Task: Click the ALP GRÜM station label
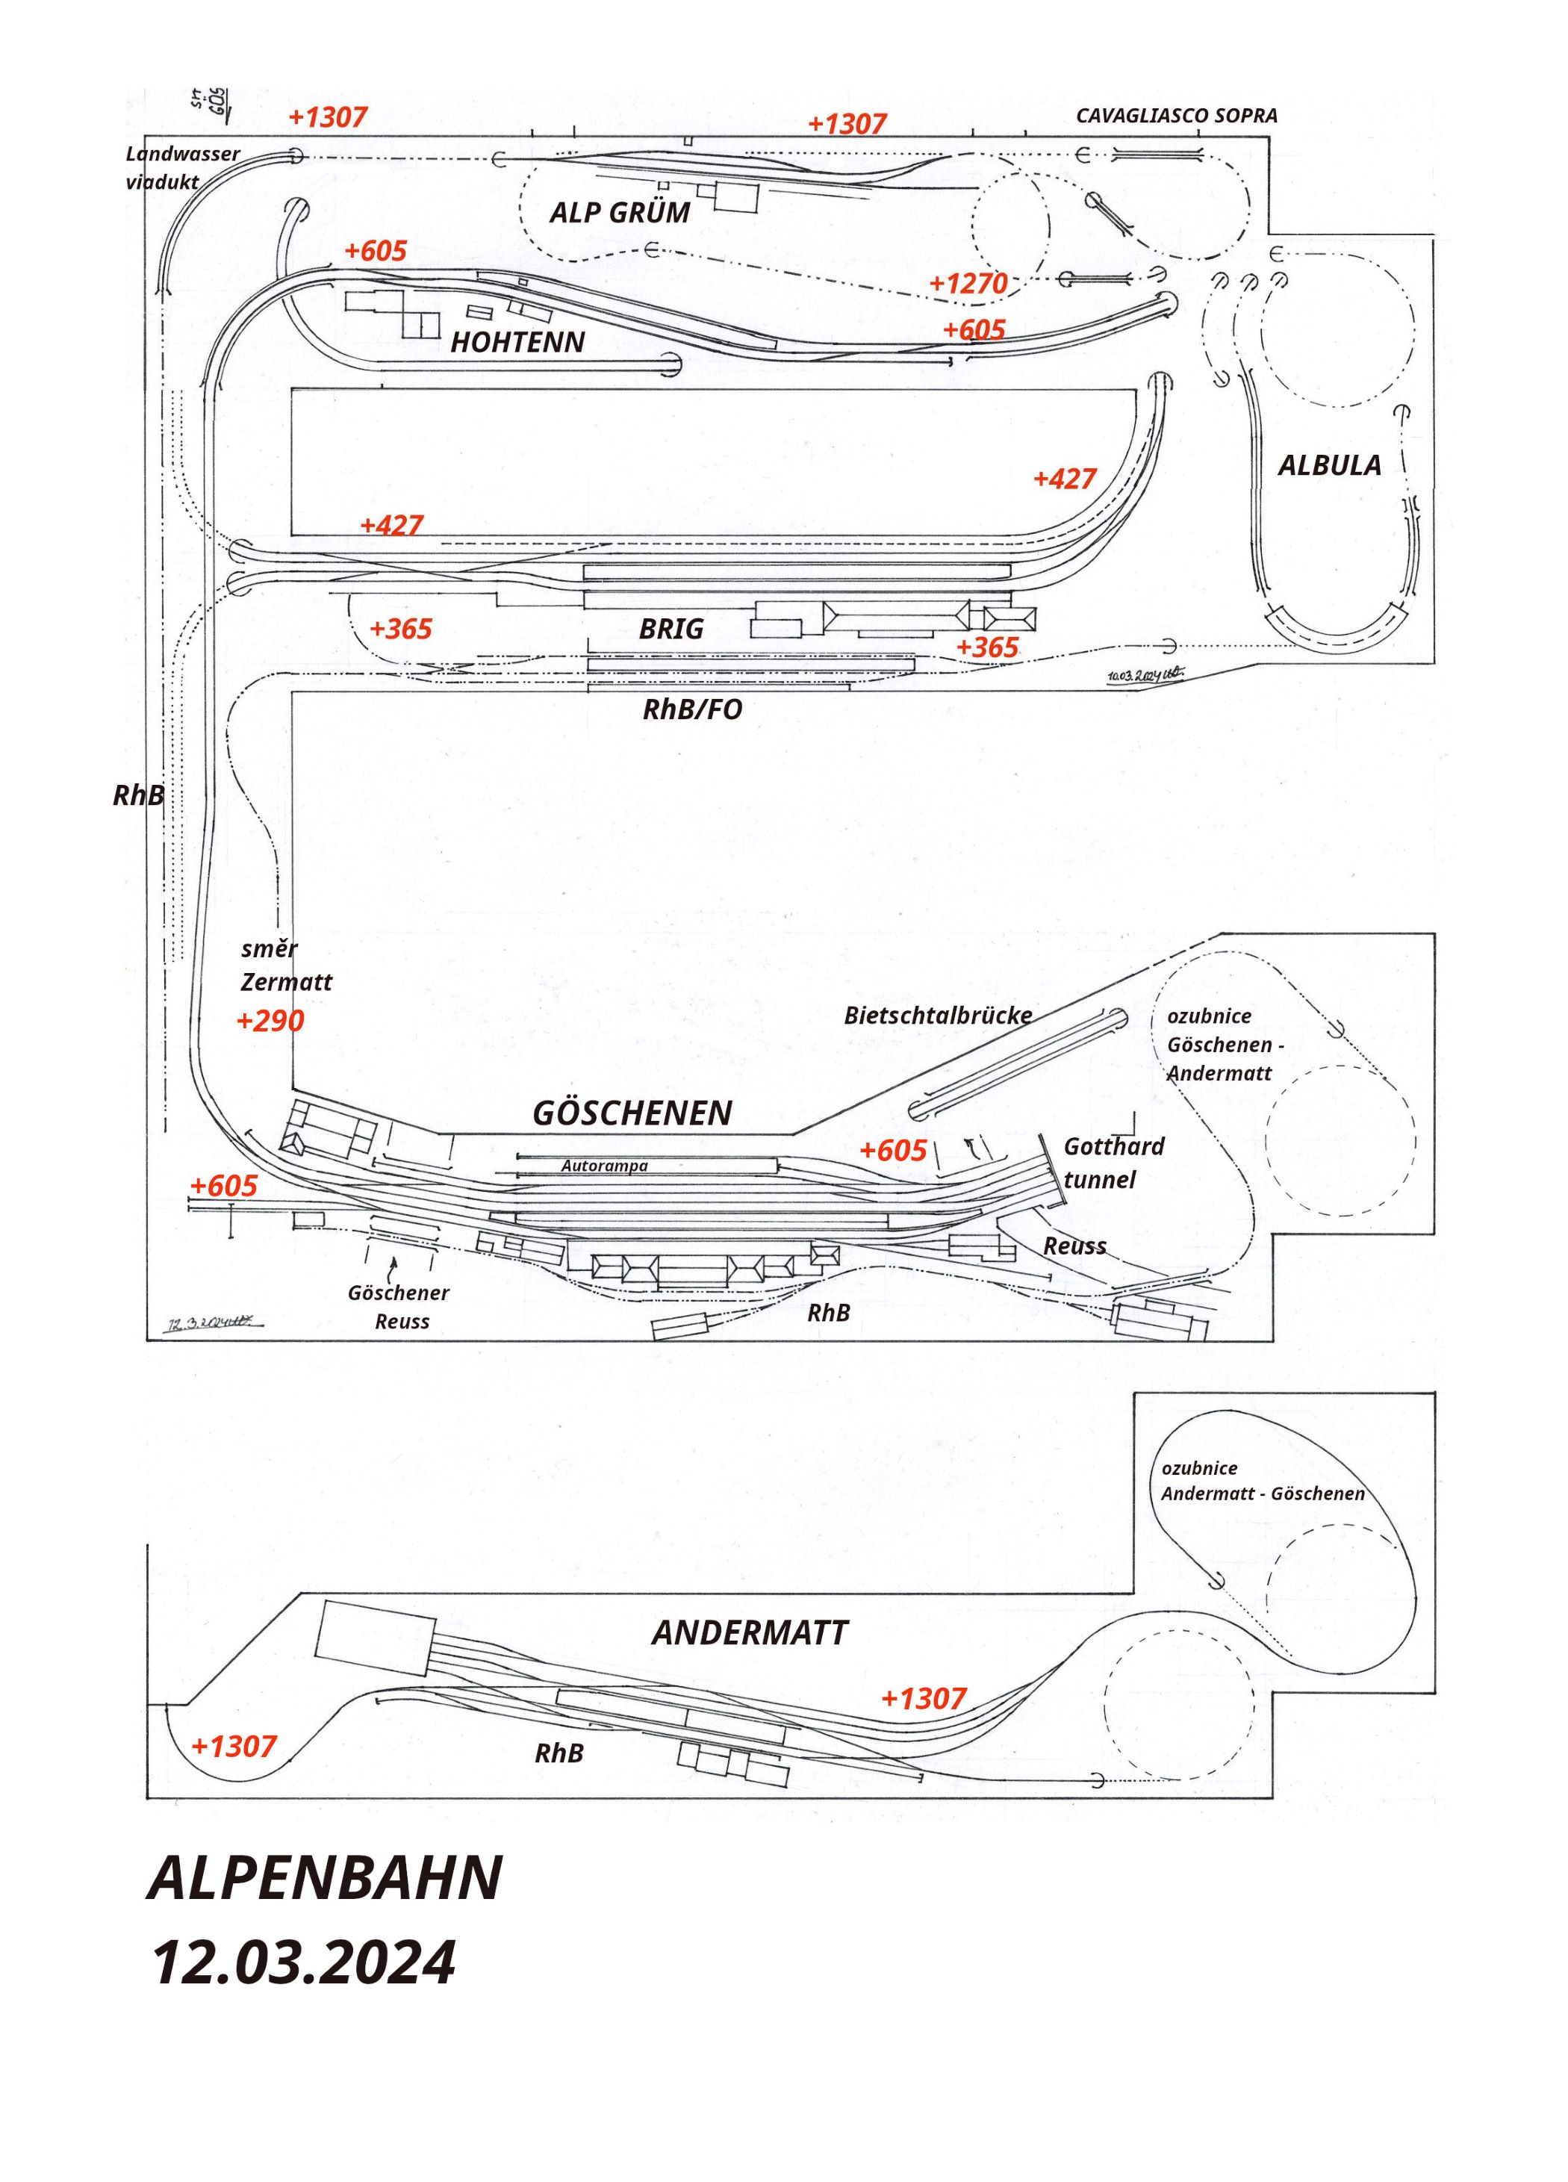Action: coord(620,214)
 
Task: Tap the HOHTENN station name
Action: coord(517,343)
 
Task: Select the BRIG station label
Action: coord(671,630)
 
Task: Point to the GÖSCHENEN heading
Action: coord(632,1113)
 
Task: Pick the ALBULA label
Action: coord(1328,466)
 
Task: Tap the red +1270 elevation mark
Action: coord(968,284)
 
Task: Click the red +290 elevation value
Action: coord(270,1021)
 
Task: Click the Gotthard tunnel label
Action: coord(1113,1163)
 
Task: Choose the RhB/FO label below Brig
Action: coord(693,710)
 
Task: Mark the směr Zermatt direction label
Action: coord(286,966)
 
